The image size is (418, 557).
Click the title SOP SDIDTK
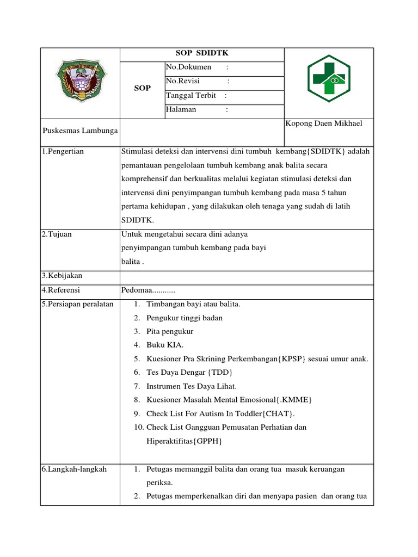[201, 54]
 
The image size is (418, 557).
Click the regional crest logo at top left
[80, 82]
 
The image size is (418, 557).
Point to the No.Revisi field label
[182, 82]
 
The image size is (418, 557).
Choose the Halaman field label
[181, 110]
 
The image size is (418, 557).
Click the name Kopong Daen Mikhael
[324, 123]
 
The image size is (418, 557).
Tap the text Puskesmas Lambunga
[80, 131]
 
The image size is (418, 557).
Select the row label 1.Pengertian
[63, 151]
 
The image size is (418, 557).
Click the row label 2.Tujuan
[57, 234]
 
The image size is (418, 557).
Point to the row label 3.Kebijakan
[62, 276]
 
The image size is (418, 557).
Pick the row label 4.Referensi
[61, 290]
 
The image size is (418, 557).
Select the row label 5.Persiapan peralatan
[77, 304]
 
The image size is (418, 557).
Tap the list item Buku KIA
[165, 345]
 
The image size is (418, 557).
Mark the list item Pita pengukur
[170, 331]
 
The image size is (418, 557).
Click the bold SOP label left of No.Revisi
[142, 88]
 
